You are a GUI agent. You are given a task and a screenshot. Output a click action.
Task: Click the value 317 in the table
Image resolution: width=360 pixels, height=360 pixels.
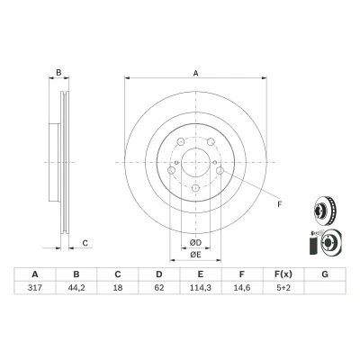coord(35,288)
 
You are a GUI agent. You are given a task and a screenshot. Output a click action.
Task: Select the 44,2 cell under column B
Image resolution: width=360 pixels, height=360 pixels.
coord(76,288)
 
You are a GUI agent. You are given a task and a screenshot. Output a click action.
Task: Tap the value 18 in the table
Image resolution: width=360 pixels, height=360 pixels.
coord(118,288)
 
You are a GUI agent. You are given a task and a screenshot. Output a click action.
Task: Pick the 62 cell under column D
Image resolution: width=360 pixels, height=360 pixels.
coord(159,288)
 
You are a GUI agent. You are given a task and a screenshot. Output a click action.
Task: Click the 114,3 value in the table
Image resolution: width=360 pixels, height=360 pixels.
coord(201,288)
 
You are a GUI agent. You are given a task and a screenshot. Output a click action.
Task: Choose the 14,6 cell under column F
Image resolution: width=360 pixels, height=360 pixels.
coord(242,288)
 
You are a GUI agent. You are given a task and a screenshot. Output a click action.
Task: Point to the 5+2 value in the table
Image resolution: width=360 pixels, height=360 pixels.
coord(283,288)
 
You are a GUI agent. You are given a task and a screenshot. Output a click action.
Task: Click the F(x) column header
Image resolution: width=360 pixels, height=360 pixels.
coord(283,274)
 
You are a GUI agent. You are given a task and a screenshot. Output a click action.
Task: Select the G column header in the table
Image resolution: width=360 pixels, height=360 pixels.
coord(325,274)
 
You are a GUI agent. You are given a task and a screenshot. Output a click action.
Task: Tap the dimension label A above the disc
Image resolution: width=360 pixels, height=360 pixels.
coord(195,73)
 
